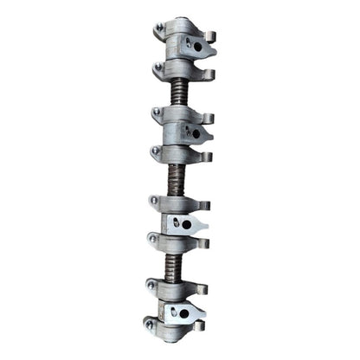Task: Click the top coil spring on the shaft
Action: tap(179, 90)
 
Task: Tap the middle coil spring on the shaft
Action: tap(177, 180)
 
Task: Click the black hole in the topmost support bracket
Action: tap(197, 46)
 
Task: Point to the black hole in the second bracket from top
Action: tap(196, 133)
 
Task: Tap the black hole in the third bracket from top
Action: tap(186, 223)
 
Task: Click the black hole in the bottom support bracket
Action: tap(184, 312)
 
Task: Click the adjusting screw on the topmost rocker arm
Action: tap(159, 29)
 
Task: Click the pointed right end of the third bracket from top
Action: tap(205, 225)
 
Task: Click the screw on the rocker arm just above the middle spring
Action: tap(155, 152)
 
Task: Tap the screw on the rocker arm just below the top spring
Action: tap(157, 112)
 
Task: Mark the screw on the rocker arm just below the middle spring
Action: tap(153, 200)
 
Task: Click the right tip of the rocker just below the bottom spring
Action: tap(202, 288)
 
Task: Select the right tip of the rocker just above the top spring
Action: tap(209, 71)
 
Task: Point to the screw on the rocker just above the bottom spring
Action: tap(152, 236)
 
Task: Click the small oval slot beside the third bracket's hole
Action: tap(176, 223)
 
